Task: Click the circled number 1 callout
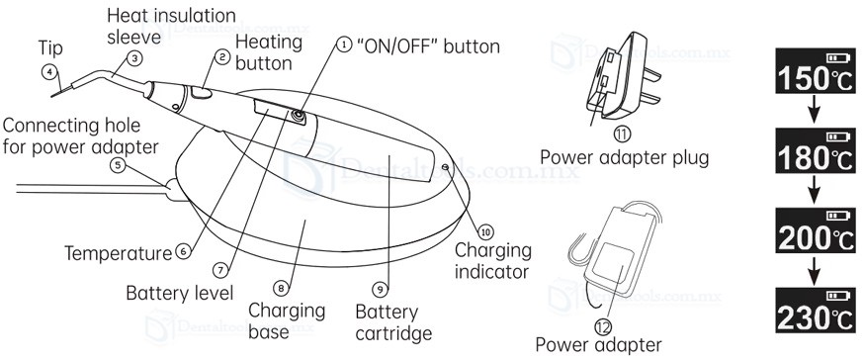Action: [x=343, y=45]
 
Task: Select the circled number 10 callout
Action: [x=485, y=231]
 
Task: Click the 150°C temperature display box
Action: [x=816, y=70]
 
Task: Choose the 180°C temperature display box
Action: [x=816, y=151]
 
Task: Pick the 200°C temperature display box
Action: [x=816, y=230]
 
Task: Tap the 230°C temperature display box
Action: [x=816, y=310]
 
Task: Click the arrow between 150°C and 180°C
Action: [x=816, y=111]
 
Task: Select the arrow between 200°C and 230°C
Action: [x=816, y=270]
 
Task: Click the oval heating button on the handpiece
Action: [x=202, y=94]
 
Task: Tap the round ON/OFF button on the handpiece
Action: [x=299, y=116]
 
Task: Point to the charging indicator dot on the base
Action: [x=445, y=166]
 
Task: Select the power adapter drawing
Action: [x=614, y=253]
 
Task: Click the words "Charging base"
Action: [x=287, y=321]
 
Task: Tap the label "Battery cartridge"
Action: [x=393, y=323]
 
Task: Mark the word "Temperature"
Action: [x=119, y=254]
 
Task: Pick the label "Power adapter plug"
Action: [x=624, y=158]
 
